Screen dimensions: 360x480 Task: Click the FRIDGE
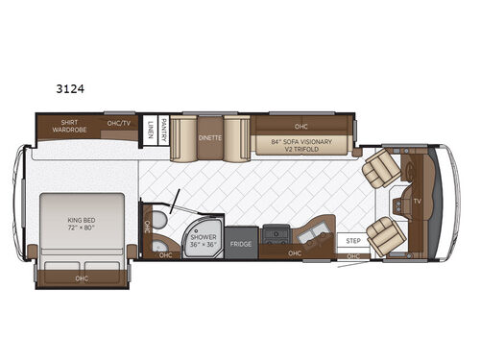point(242,244)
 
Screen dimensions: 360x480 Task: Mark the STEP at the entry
point(351,241)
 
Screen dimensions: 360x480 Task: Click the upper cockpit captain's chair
point(381,168)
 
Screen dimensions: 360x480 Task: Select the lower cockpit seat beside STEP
point(384,235)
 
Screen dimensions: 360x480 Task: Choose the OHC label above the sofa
point(300,125)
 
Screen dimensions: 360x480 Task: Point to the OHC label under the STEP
point(353,256)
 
